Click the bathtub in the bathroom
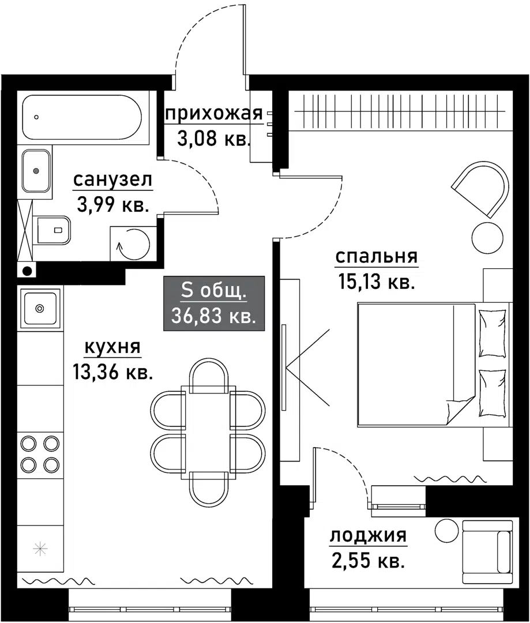coord(81,117)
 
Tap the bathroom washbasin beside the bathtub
coord(36,171)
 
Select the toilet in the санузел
coord(54,230)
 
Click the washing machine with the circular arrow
coord(133,243)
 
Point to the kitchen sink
coord(39,308)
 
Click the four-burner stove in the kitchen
coord(40,453)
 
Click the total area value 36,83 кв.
coord(214,316)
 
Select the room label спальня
coord(376,257)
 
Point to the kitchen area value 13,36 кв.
coord(113,372)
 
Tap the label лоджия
coord(368,536)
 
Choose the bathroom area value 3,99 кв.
coord(113,205)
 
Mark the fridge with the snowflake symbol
coord(40,549)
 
